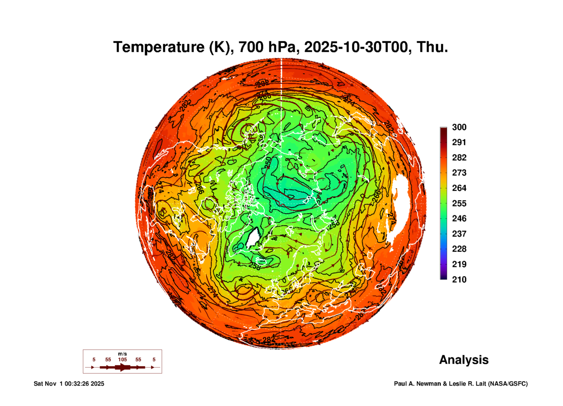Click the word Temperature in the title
coord(159,47)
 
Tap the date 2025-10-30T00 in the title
coord(356,47)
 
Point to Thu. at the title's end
coord(432,47)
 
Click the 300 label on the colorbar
coord(459,127)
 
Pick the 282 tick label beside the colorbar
coord(459,158)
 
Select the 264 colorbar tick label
coord(459,188)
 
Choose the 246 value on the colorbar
coord(459,218)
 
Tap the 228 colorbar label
coord(459,249)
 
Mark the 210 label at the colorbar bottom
coord(459,280)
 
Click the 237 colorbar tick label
coord(459,234)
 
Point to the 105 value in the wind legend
coord(122,360)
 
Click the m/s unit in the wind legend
coord(122,354)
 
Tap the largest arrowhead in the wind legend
coord(123,368)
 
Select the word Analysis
coord(464,360)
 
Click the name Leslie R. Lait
coord(467,384)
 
